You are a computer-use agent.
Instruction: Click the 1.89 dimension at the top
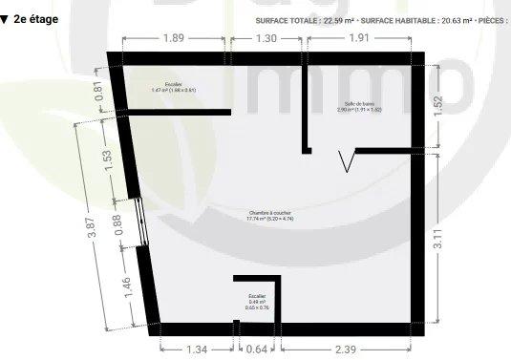point(173,38)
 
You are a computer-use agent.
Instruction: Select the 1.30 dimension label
point(266,38)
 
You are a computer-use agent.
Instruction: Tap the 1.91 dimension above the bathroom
point(358,38)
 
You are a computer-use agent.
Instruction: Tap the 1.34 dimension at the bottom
point(196,349)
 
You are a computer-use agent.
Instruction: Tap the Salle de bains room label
point(359,106)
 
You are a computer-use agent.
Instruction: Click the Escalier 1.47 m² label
point(173,87)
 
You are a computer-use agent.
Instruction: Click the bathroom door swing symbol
point(349,161)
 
